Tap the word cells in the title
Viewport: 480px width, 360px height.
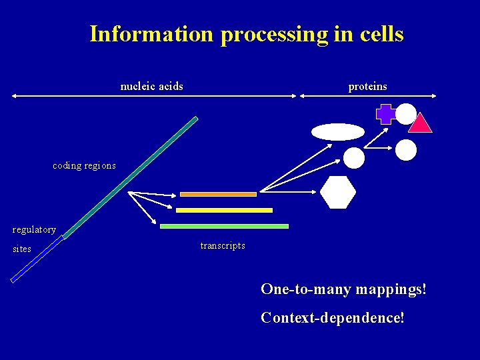(381, 33)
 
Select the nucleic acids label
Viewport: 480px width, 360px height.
(151, 86)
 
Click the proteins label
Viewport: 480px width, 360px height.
(367, 86)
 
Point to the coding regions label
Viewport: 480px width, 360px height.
(84, 165)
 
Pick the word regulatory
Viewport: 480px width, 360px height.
(34, 229)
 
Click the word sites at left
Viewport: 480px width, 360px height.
(22, 249)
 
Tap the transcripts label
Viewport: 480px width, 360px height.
(223, 245)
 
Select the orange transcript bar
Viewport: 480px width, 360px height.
(218, 194)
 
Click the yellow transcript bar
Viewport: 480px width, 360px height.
(224, 210)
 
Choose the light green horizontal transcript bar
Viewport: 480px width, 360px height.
(224, 226)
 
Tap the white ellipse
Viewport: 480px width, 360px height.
(338, 131)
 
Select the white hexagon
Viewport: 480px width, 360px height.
(338, 192)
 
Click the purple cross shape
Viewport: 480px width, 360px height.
(385, 114)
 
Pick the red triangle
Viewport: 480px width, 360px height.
(421, 124)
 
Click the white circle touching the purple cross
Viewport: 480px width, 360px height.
(406, 114)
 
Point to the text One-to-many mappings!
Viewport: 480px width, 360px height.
(343, 289)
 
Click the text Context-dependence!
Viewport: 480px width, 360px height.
(333, 317)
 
